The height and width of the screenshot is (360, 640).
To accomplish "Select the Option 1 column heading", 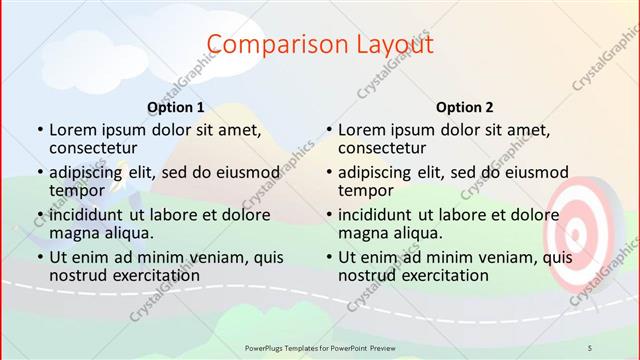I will [175, 107].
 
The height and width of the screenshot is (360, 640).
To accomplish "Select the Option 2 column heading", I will [464, 107].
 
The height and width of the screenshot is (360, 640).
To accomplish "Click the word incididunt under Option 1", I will [91, 214].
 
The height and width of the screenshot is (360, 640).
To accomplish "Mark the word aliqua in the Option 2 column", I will [419, 233].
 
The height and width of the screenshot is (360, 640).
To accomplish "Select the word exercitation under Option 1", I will [152, 275].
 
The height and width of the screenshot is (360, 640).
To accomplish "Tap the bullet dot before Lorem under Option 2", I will [329, 130].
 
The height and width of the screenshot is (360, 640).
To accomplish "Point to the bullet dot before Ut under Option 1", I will [40, 257].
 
